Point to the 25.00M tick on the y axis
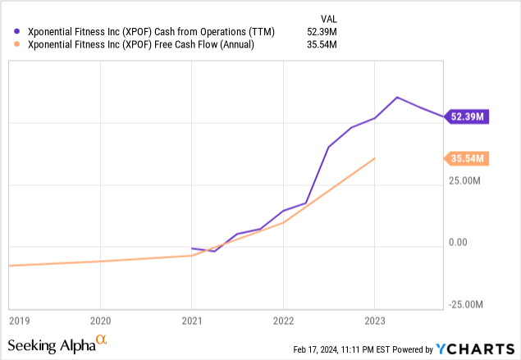[x=470, y=181]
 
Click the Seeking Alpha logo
[x=57, y=344]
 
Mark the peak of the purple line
[x=397, y=98]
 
